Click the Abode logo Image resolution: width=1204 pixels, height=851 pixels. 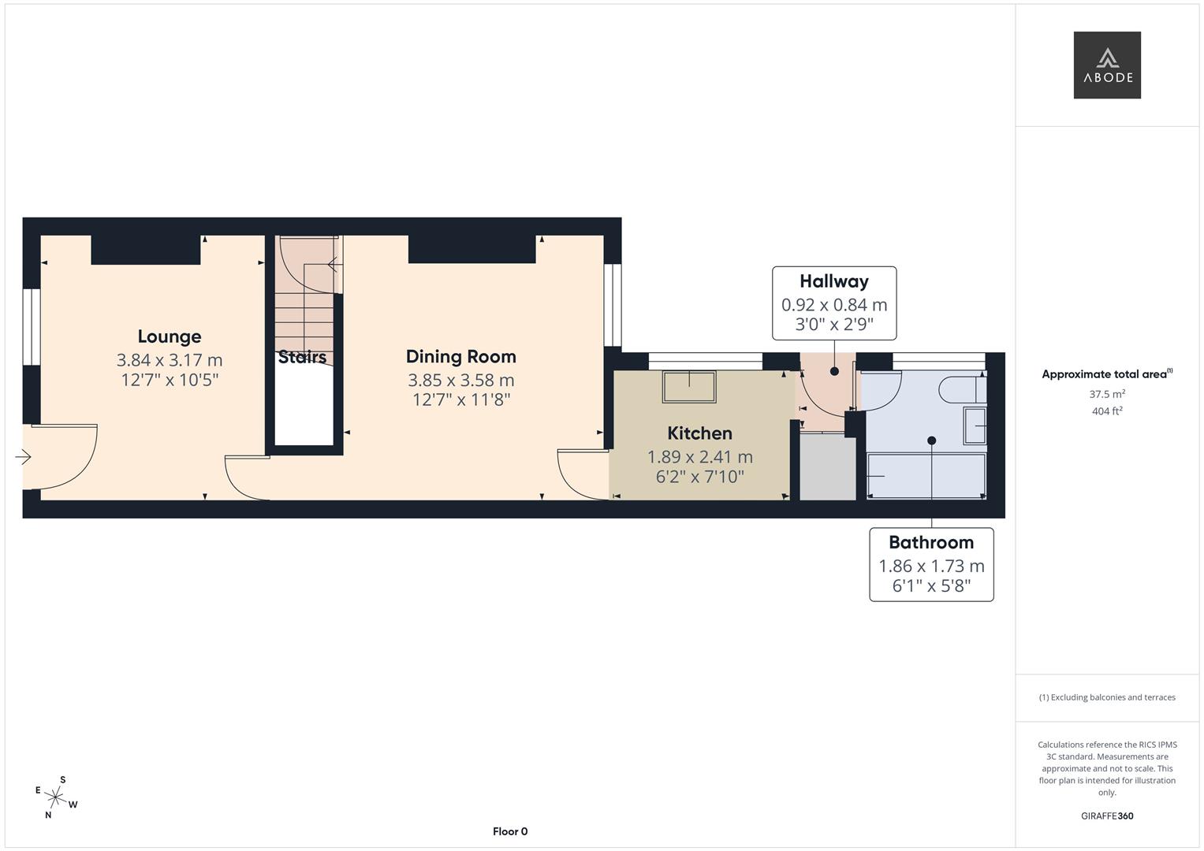coord(1106,65)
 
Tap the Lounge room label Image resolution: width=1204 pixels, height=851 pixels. coord(169,336)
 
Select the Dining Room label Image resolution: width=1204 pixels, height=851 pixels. coord(460,356)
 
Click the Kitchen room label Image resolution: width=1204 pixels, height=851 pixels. coord(699,433)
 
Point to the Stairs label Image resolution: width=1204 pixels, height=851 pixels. coord(302,357)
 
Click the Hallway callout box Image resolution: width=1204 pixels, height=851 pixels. coord(833,303)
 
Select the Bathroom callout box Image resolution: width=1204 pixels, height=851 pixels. coord(930,564)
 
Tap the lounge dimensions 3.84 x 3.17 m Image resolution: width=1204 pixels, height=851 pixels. coord(169,360)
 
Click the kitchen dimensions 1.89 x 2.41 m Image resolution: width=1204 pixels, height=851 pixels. coord(699,456)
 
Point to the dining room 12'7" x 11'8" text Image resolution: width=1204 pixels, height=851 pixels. coord(460,399)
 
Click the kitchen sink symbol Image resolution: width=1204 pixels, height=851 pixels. coord(690,387)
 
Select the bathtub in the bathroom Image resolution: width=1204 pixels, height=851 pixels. coord(926,476)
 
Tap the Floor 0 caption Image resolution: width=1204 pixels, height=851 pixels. coord(509,831)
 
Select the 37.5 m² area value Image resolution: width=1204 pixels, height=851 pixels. coord(1106,394)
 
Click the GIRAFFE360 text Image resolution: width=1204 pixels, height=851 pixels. coord(1106,816)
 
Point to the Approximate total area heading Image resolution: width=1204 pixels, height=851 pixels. coord(1106,374)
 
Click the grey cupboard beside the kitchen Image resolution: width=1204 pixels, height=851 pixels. coord(827,466)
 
